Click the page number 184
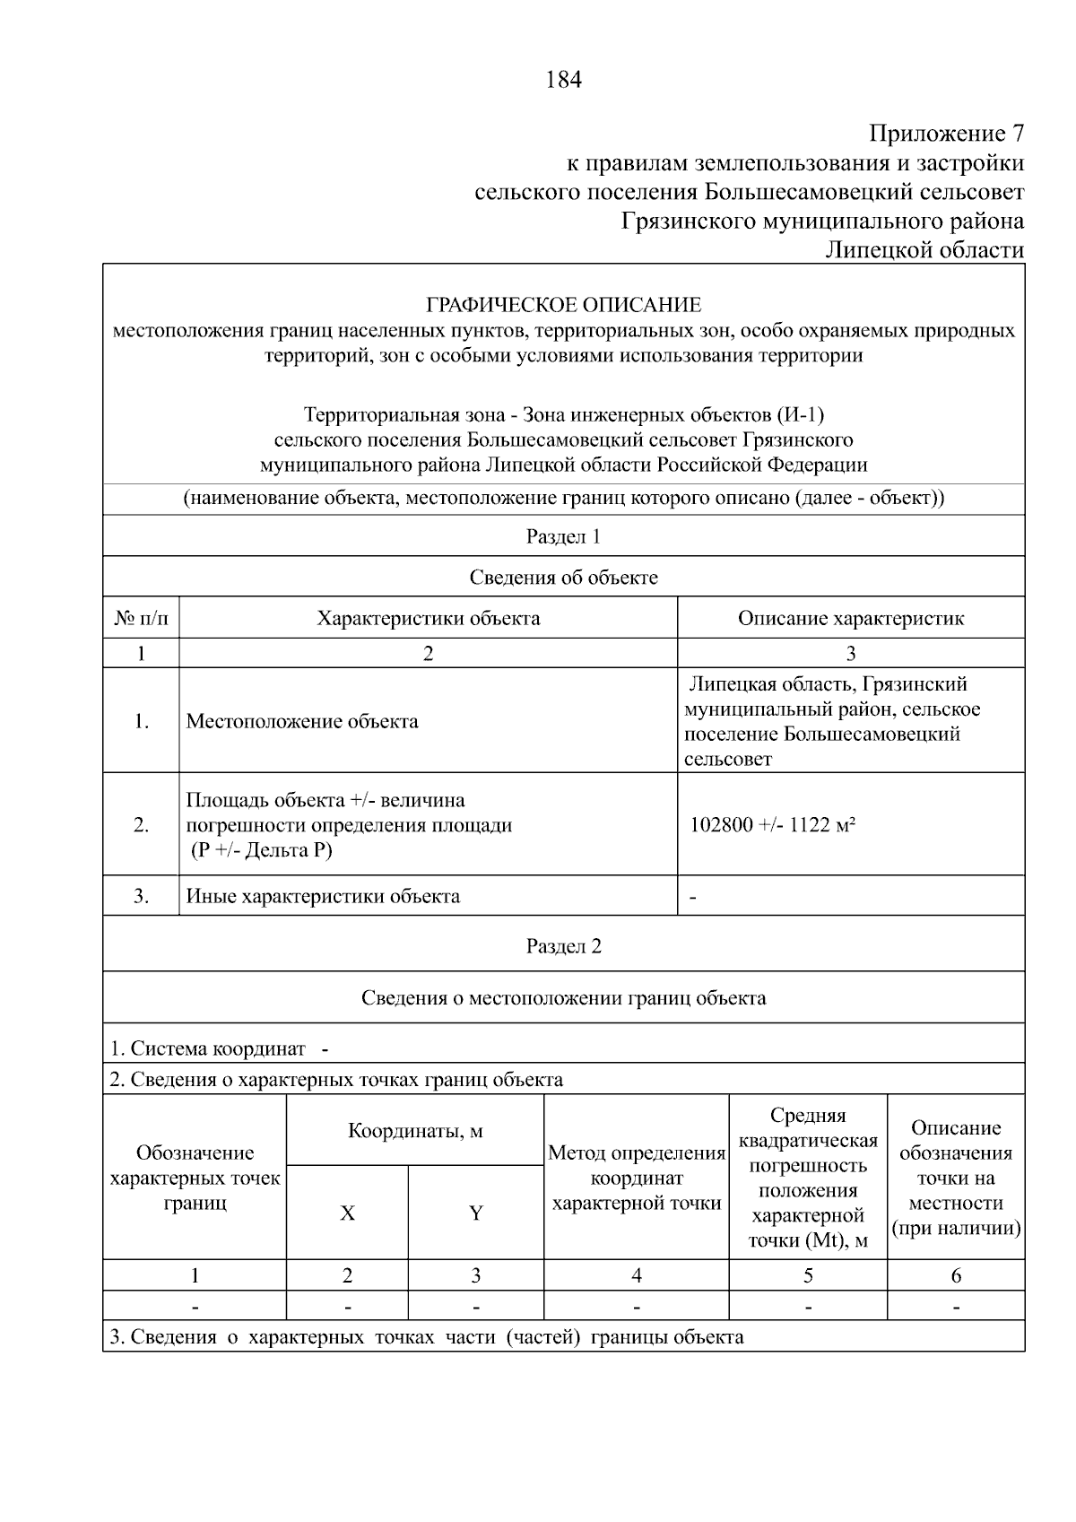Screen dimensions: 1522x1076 click(563, 80)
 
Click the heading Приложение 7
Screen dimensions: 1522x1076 click(946, 135)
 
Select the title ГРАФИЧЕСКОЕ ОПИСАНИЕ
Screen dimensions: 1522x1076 click(563, 305)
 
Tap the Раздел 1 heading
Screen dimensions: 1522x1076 click(563, 536)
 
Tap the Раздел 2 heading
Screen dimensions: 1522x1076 click(563, 946)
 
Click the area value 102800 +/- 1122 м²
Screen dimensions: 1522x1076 click(771, 825)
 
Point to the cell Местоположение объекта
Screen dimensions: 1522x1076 click(302, 721)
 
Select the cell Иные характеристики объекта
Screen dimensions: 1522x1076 click(323, 896)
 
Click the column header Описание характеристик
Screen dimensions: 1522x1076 click(850, 618)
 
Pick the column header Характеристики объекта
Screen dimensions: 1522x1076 click(429, 618)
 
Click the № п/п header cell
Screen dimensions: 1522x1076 click(141, 618)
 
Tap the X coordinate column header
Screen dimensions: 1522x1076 click(347, 1213)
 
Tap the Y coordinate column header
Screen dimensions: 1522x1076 click(476, 1213)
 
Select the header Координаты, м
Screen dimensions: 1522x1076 click(415, 1131)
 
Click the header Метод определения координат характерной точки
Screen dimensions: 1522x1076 click(637, 1178)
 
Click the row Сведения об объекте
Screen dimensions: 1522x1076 click(563, 578)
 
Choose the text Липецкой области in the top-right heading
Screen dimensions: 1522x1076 click(924, 249)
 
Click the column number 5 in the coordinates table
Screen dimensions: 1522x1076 click(808, 1275)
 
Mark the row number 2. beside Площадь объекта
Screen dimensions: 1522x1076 click(141, 825)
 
